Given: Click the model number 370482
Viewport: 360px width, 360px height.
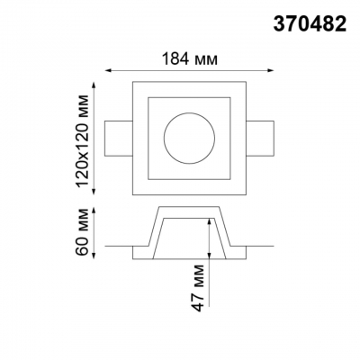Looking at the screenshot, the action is (x=310, y=24).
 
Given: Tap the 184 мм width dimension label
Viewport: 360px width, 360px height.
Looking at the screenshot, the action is (x=190, y=58).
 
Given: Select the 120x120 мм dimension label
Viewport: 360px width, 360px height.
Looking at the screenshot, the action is (x=82, y=141).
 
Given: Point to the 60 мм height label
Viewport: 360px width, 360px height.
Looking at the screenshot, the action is (x=82, y=231).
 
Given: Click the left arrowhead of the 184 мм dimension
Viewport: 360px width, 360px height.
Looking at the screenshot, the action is (x=107, y=71).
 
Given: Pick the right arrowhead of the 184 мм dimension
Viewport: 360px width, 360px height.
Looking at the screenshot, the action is (x=271, y=71).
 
